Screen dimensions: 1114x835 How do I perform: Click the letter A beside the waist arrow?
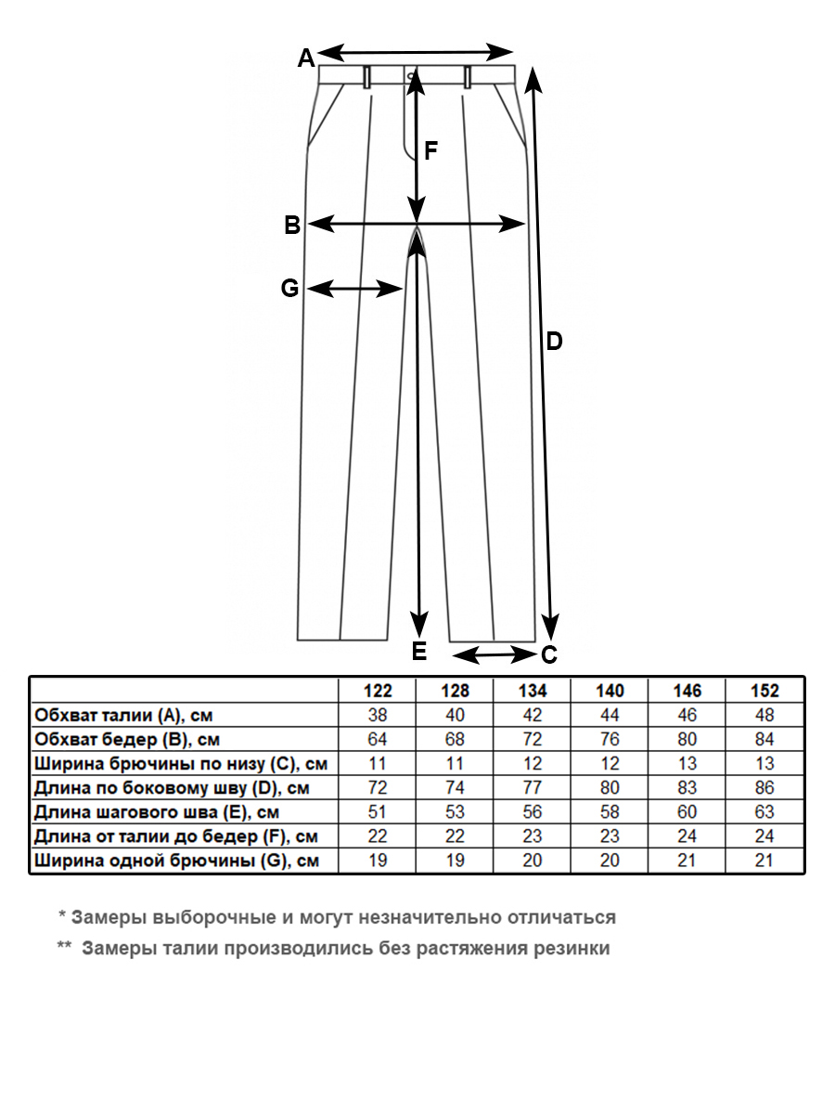(x=305, y=58)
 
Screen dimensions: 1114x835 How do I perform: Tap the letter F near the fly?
(x=430, y=150)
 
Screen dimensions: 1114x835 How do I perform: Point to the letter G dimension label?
(x=289, y=289)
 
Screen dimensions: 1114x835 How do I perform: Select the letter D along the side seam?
(x=554, y=342)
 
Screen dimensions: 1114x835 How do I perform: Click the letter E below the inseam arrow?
(x=419, y=652)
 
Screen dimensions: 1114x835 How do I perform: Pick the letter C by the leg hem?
(x=548, y=655)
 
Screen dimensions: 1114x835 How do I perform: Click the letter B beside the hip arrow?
(x=291, y=225)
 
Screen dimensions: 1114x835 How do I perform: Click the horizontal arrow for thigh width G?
(x=354, y=290)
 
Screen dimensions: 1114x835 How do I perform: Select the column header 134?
(x=533, y=691)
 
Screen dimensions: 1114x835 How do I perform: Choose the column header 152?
(x=764, y=691)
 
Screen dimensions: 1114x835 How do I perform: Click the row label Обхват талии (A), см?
(x=128, y=716)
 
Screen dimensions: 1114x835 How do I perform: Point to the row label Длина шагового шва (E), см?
(x=156, y=812)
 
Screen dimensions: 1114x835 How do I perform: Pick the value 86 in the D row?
(x=764, y=788)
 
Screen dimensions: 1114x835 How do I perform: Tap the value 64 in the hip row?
(x=378, y=740)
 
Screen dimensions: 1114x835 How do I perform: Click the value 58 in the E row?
(x=610, y=812)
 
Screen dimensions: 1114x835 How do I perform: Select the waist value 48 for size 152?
(x=764, y=716)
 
